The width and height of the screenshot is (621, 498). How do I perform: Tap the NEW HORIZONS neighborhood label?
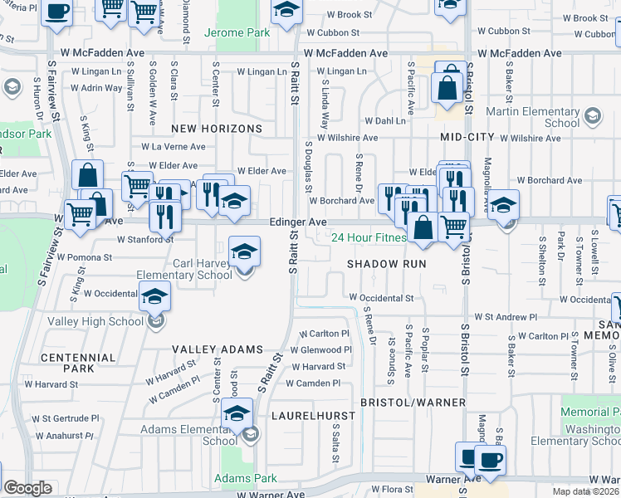[x=217, y=129]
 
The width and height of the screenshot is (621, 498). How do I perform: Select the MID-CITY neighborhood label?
[x=467, y=137]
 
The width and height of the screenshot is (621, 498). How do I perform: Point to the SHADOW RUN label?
[x=386, y=264]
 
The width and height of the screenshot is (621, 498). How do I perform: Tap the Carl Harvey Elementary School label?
[x=203, y=270]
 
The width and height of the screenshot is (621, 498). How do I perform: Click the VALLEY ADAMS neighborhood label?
[x=217, y=350]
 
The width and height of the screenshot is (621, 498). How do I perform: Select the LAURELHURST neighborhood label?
[x=312, y=413]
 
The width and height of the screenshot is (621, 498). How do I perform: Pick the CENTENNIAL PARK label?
[x=78, y=363]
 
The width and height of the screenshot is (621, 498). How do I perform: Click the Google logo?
[x=27, y=488]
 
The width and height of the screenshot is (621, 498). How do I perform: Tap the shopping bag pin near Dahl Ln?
[x=447, y=89]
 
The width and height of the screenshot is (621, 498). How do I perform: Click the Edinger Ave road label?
[x=298, y=222]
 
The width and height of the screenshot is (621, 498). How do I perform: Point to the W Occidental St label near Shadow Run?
[x=381, y=297]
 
